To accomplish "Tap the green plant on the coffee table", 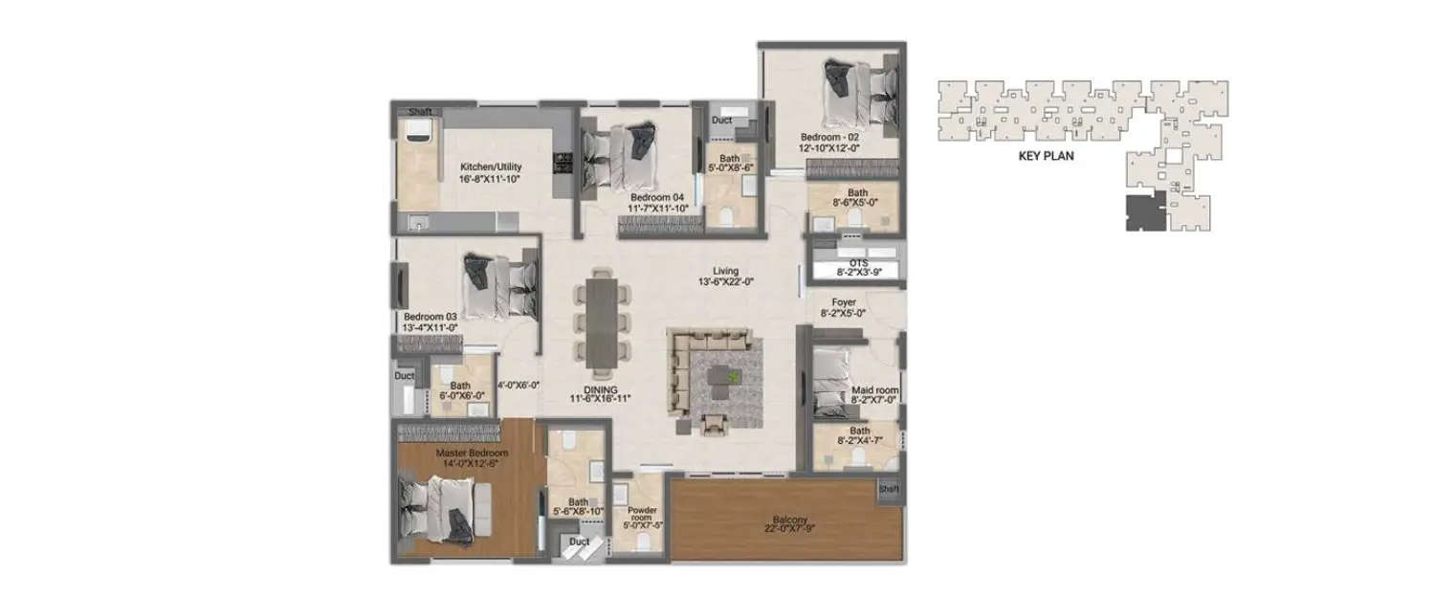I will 734,376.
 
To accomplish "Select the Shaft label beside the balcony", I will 889,489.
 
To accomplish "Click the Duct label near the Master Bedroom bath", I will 579,542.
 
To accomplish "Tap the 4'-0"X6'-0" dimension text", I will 519,385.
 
